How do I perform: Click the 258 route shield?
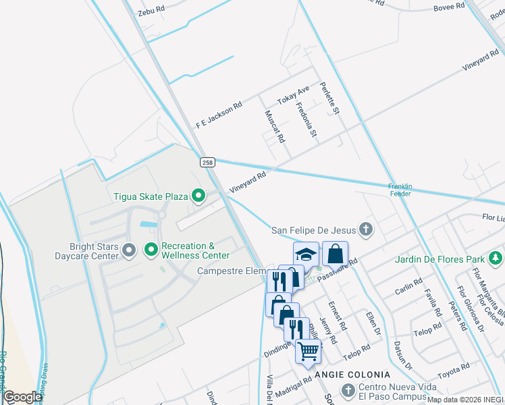[x=207, y=162]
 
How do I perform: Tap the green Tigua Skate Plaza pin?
[x=198, y=196]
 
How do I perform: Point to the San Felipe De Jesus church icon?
[x=366, y=230]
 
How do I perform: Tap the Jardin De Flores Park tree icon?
[x=496, y=259]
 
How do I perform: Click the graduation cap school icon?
[x=306, y=254]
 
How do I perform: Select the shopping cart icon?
[x=309, y=350]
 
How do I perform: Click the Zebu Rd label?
[x=151, y=11]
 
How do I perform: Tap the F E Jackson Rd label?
[x=219, y=115]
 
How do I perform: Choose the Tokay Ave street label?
[x=293, y=95]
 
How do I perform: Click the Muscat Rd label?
[x=275, y=126]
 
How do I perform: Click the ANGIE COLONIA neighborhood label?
[x=351, y=374]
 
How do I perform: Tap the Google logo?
[x=22, y=397]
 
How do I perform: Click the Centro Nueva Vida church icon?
[x=348, y=390]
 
